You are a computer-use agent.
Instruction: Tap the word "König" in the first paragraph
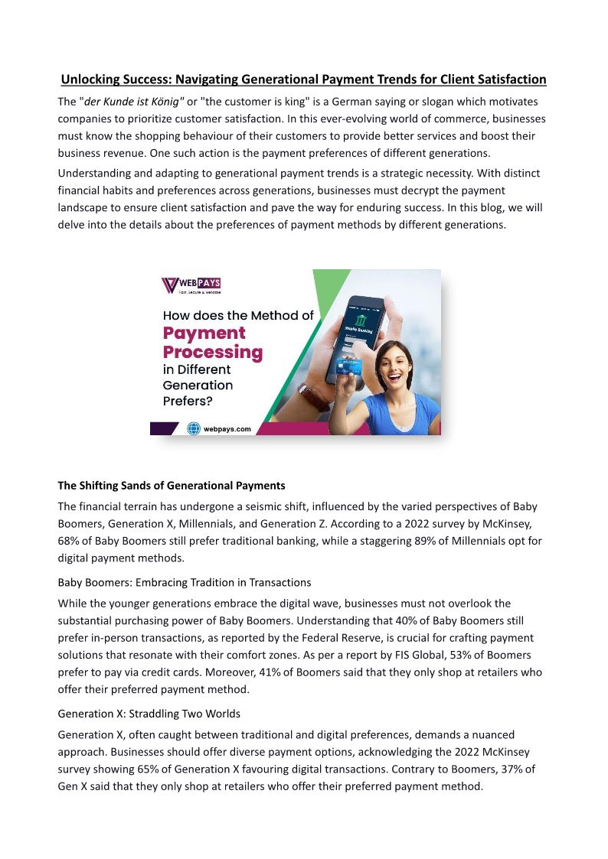(x=168, y=102)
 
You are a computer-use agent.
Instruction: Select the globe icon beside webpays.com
(x=194, y=429)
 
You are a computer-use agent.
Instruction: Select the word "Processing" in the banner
(x=213, y=353)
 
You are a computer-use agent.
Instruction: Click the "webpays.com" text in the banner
(x=227, y=429)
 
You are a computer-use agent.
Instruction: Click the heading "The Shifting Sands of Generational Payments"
(x=172, y=486)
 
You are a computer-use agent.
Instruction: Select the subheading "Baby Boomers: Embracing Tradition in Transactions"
(x=184, y=583)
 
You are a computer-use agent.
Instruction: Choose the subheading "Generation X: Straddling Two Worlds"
(x=149, y=714)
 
